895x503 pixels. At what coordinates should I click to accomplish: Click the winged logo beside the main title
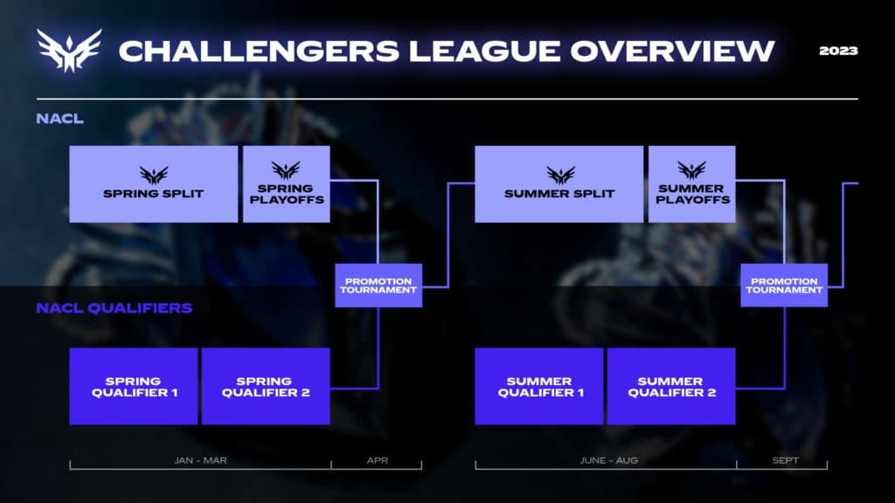68,50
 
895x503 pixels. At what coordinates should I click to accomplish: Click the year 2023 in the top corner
838,51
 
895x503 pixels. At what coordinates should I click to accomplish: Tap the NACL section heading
60,119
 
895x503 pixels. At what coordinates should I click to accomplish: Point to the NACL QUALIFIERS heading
114,308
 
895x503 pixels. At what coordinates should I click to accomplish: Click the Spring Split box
153,184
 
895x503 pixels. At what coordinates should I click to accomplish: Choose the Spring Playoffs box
286,184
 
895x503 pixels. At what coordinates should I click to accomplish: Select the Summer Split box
559,184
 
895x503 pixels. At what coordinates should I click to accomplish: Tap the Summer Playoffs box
691,184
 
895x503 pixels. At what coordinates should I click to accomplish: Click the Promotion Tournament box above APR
378,286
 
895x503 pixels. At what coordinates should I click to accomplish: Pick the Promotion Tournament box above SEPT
784,286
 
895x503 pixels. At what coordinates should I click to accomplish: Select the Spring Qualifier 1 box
133,387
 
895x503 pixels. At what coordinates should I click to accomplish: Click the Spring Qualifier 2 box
266,387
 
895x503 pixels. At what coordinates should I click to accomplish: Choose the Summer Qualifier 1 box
538,387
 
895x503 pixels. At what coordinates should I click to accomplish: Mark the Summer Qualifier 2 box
671,387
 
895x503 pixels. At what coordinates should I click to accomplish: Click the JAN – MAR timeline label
200,459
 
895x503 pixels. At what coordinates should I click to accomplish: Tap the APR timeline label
378,459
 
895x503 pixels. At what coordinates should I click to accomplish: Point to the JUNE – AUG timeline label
605,459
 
